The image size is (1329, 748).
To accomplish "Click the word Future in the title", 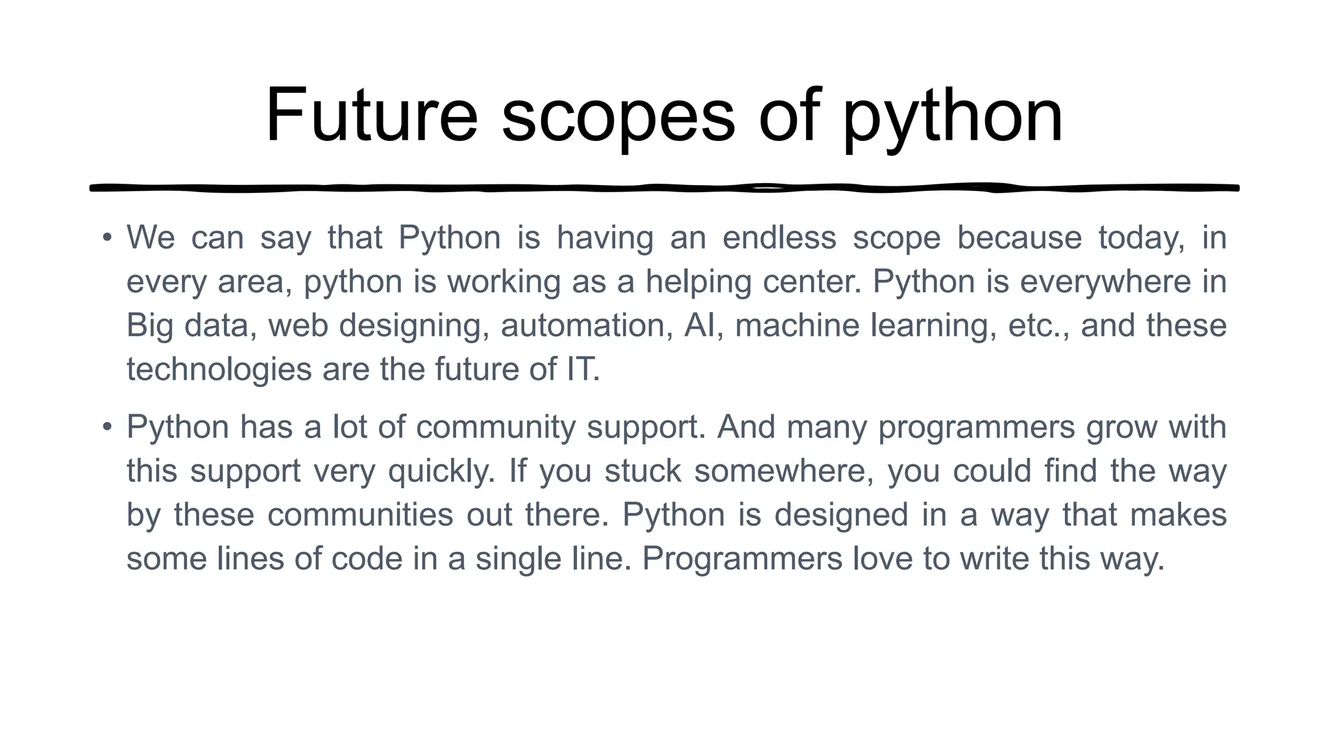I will point(371,116).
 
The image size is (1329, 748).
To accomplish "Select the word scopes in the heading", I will point(618,117).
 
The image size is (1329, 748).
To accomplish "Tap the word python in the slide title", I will point(953,118).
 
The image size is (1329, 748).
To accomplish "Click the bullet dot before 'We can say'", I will point(107,237).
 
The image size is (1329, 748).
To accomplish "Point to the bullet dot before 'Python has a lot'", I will point(107,427).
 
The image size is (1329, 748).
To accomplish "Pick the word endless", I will point(779,238).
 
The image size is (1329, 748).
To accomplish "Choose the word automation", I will point(587,325).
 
